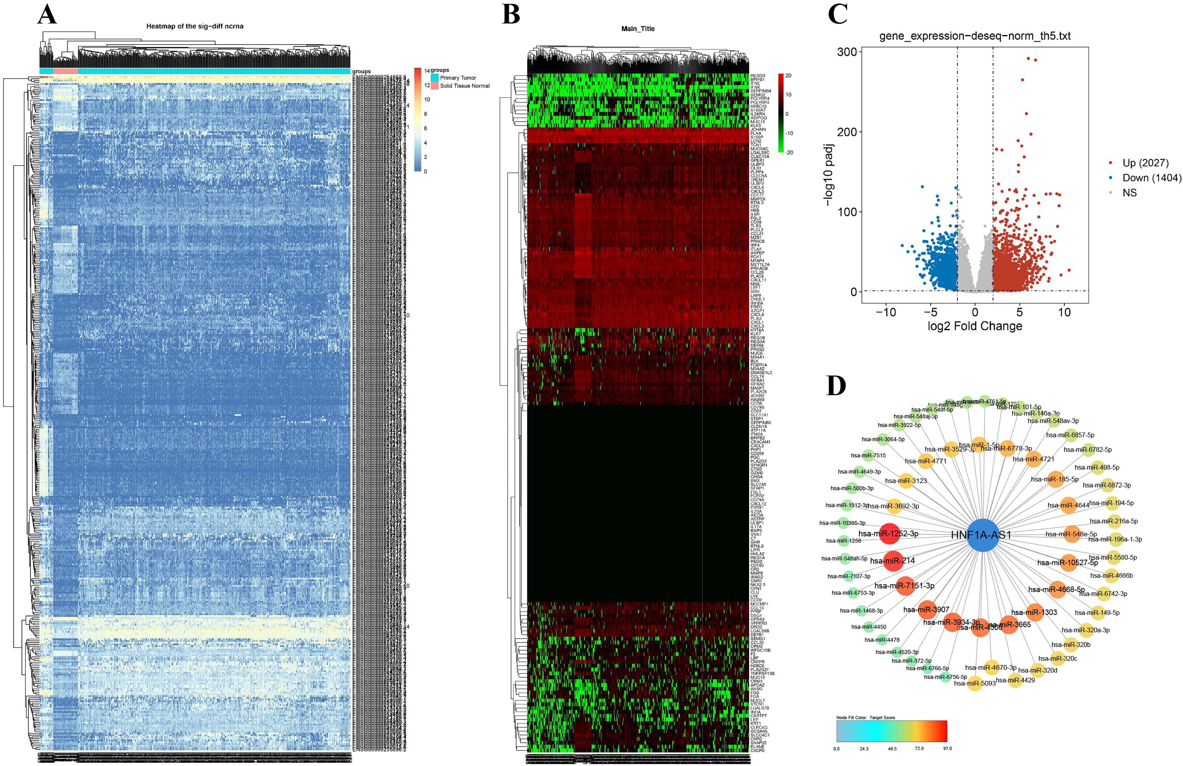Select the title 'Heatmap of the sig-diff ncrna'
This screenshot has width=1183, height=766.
[195, 26]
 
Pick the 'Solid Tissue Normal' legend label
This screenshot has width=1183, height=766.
[465, 86]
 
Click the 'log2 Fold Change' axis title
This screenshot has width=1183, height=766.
[975, 326]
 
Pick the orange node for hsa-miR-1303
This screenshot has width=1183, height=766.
[1034, 612]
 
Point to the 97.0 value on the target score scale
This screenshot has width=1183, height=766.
[947, 749]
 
